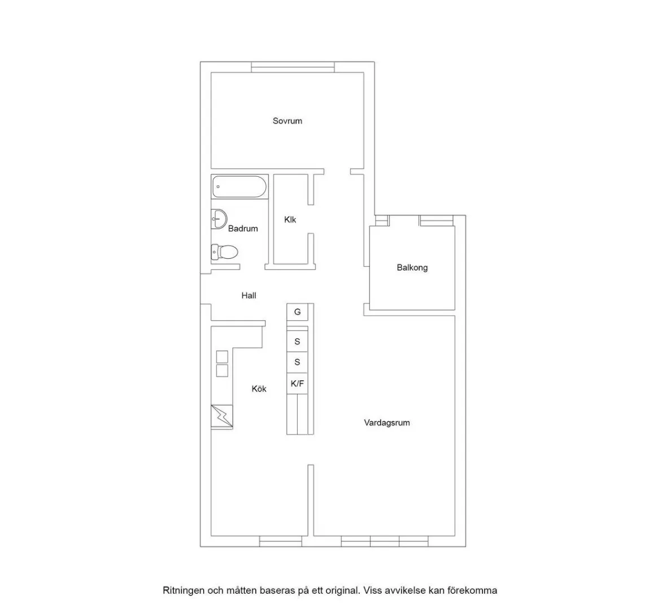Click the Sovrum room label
tap(287, 121)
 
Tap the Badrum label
tap(243, 228)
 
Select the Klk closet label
tap(290, 220)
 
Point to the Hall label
tap(249, 295)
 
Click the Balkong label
tap(412, 268)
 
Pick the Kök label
tap(259, 389)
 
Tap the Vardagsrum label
tap(386, 423)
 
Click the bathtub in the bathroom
tap(240, 187)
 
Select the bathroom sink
tap(219, 219)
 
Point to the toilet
tap(224, 253)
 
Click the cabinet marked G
tap(297, 312)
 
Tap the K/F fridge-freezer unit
tap(297, 384)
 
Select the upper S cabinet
tap(297, 341)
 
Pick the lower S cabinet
tap(297, 362)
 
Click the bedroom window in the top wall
tap(293, 67)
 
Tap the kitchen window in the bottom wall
tap(280, 541)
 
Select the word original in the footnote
tap(343, 591)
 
